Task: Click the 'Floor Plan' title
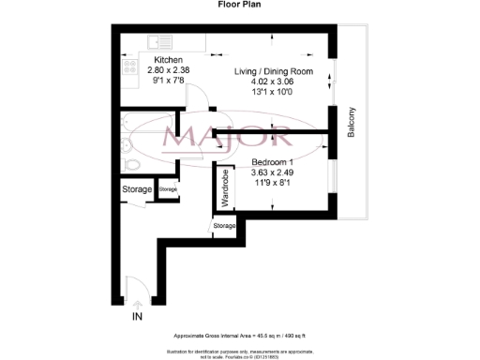tap(240, 5)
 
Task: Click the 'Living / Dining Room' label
tap(273, 70)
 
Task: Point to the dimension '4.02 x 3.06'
tap(273, 81)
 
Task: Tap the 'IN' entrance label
tap(138, 318)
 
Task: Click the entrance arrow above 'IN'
tap(138, 303)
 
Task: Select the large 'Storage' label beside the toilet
tap(136, 190)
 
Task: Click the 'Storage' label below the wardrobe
tap(225, 226)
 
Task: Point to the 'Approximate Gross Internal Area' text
tap(240, 336)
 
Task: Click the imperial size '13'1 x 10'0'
tap(273, 91)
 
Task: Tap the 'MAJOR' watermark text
tap(241, 139)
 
